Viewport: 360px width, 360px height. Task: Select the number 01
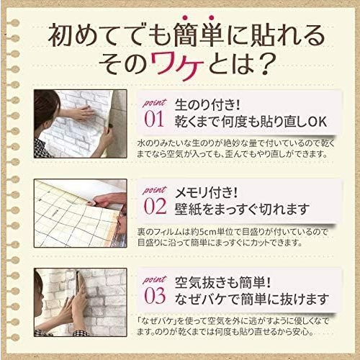coord(154,119)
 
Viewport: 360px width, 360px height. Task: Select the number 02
coord(155,207)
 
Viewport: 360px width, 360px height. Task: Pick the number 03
coord(155,296)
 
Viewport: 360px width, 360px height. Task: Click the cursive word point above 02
coord(154,190)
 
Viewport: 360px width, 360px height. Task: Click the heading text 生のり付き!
coord(207,105)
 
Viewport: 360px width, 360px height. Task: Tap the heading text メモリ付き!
coord(207,193)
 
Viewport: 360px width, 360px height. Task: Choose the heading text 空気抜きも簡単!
coord(222,282)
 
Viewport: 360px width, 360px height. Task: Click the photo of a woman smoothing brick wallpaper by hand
coord(81,124)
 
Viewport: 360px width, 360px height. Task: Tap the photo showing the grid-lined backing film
coord(81,213)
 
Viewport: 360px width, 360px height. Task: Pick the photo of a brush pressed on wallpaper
coord(81,302)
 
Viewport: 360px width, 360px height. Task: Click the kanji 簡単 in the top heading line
coord(197,36)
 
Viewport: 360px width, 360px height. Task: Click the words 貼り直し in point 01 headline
coord(276,122)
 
